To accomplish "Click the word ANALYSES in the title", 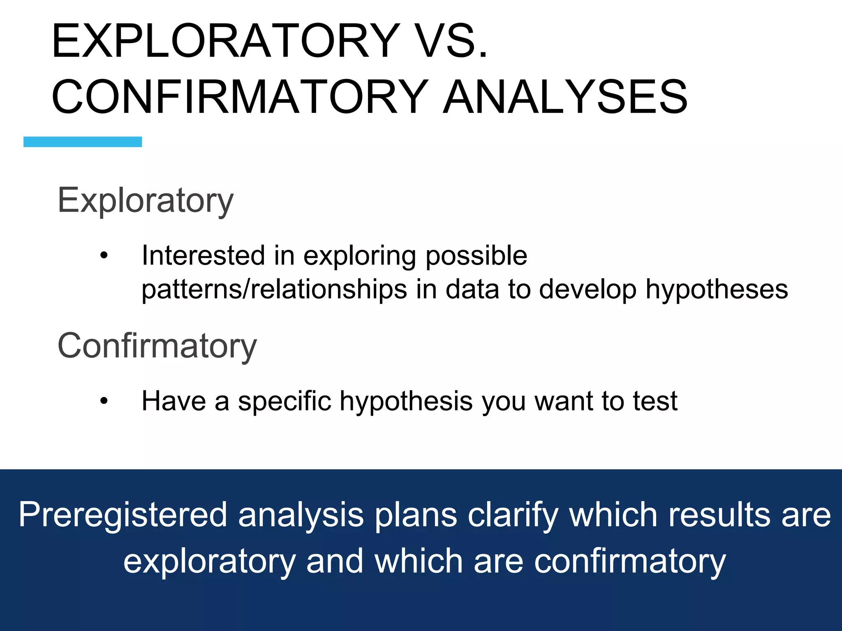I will (565, 97).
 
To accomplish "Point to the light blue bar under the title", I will (83, 142).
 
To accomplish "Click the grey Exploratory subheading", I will (146, 200).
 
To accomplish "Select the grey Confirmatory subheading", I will (157, 346).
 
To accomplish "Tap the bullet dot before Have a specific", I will (104, 401).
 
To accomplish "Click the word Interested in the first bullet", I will (203, 256).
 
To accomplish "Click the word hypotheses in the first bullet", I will (717, 290).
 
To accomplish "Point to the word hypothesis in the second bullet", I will (406, 401).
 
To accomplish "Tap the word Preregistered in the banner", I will (123, 515).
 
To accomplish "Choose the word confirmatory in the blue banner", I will (630, 562).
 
